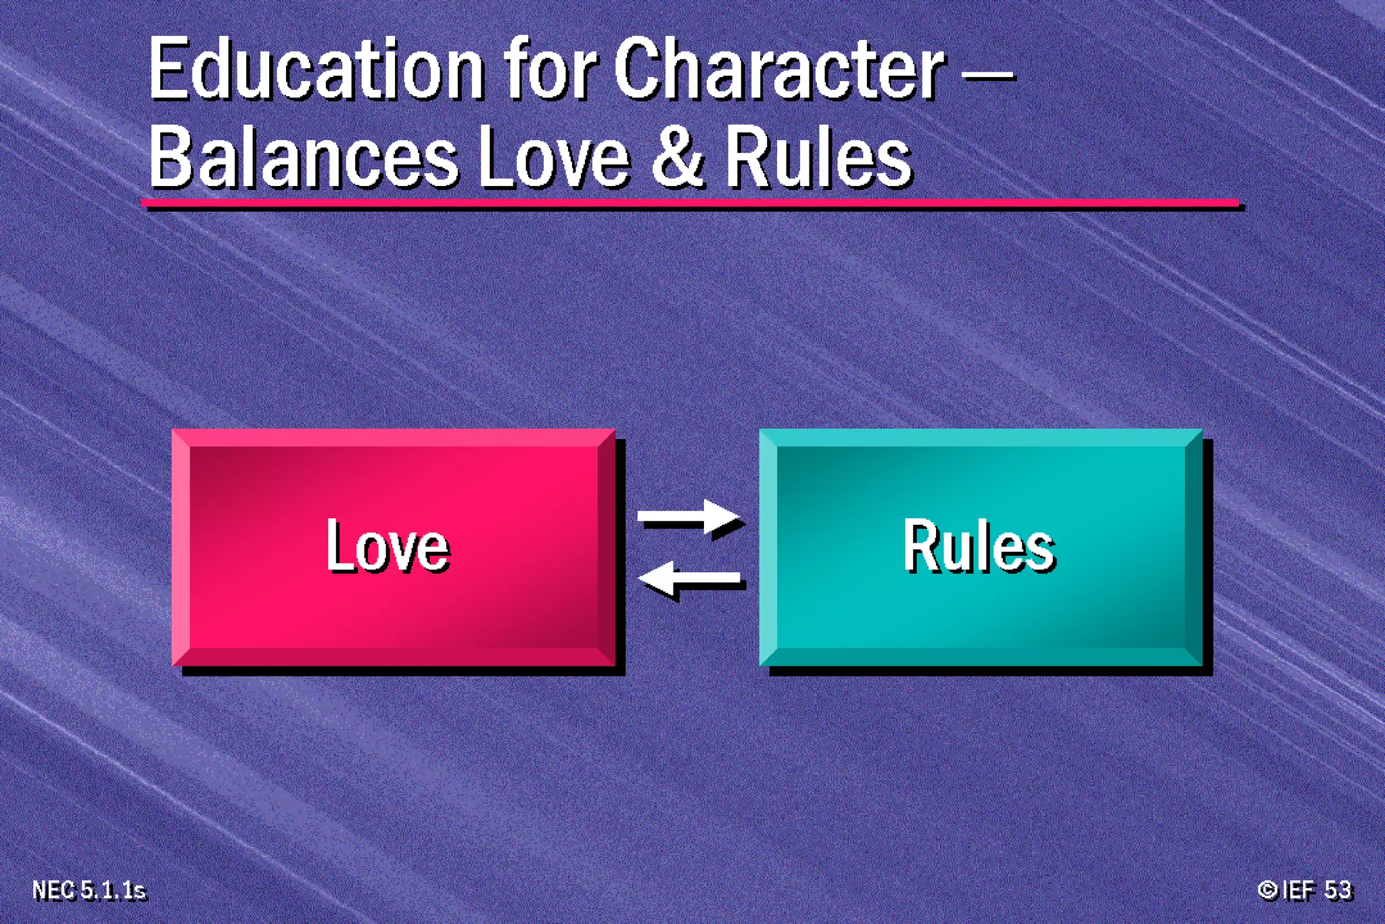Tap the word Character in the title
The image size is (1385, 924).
[778, 70]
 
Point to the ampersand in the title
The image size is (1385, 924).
[678, 159]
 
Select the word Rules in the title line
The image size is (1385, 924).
[818, 159]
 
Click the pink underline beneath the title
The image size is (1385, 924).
[690, 202]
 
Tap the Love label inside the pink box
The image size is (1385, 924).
[388, 546]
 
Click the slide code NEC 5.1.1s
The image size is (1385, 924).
[89, 890]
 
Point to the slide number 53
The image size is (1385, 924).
[1338, 890]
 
